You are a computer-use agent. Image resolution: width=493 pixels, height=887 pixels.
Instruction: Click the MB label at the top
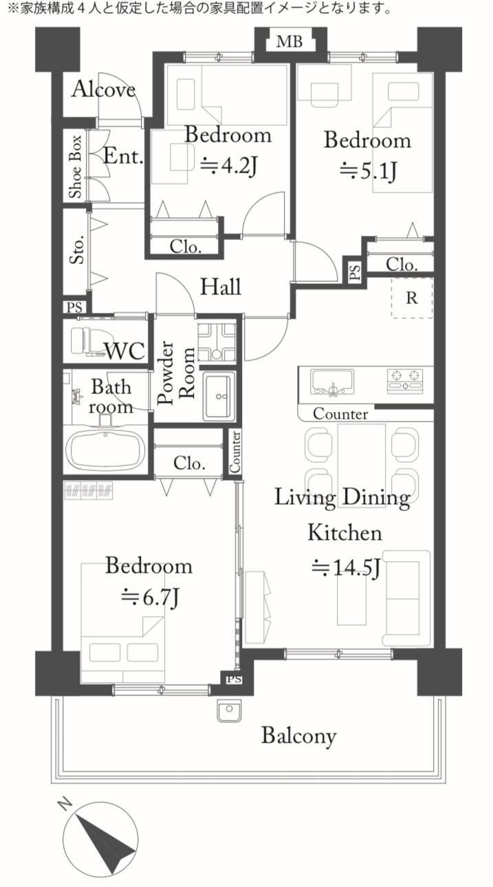[289, 41]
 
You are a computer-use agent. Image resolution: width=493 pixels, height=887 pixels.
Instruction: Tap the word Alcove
[104, 89]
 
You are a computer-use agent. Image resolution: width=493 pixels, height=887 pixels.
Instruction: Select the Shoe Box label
[75, 166]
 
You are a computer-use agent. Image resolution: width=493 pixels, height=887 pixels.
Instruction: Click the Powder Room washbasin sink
[218, 395]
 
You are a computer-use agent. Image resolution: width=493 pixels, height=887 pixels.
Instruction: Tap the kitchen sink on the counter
[332, 382]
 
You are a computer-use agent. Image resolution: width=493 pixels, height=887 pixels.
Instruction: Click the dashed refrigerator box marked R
[412, 298]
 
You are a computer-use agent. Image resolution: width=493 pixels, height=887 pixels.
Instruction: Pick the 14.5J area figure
[346, 568]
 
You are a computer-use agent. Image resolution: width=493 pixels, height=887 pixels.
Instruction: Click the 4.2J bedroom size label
[229, 165]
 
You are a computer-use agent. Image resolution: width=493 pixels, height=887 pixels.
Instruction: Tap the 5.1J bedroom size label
[368, 171]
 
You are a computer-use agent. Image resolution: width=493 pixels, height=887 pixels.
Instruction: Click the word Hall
[221, 286]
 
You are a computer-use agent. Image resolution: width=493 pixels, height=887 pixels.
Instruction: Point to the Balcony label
[299, 736]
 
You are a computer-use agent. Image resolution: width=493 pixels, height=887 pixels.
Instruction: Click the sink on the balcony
[229, 710]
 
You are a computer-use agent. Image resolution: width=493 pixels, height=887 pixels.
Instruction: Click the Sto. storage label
[77, 249]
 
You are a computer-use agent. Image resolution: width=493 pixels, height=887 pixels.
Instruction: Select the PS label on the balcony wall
[234, 679]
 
